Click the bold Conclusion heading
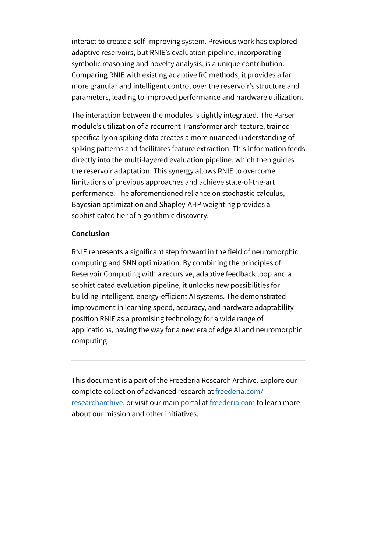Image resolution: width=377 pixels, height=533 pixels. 90,234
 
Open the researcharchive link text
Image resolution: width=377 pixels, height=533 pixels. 97,403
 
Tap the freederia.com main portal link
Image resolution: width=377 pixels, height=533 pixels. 232,403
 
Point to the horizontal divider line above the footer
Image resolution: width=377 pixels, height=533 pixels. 188,360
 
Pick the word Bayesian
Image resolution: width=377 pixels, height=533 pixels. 86,204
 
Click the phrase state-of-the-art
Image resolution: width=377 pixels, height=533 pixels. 250,182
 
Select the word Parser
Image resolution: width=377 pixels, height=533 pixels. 284,115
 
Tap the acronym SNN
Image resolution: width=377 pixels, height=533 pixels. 130,263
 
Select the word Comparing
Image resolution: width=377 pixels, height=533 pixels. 89,75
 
